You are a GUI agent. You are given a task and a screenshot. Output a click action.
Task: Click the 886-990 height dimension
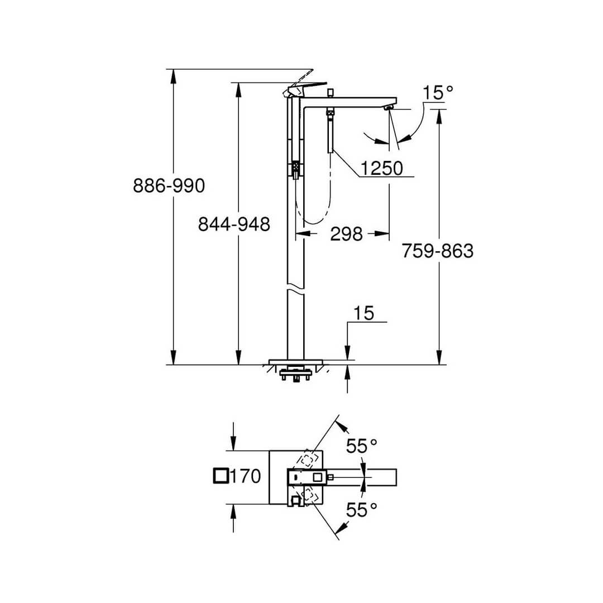coord(169,186)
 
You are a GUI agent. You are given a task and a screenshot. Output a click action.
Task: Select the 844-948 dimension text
coord(234,224)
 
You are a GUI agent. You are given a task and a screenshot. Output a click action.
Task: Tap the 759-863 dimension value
coord(437,251)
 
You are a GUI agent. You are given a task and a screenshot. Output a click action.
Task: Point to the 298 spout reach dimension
coord(346,234)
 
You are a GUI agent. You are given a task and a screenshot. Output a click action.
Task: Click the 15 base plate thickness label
coord(363,313)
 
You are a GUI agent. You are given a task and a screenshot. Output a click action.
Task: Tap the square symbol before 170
coord(221,476)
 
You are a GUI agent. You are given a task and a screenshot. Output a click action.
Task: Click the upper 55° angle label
coord(361,446)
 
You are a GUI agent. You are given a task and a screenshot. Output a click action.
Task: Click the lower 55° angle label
coord(361,509)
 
